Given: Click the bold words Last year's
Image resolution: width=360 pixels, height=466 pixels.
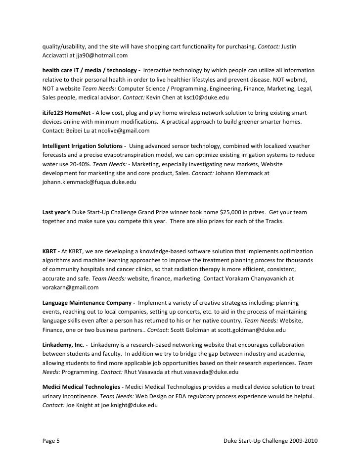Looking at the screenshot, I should [57, 212].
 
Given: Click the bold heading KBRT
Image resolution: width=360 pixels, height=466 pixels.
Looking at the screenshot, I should [50, 251].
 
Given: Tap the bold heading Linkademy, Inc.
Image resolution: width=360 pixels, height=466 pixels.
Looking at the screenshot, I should [63, 344].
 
